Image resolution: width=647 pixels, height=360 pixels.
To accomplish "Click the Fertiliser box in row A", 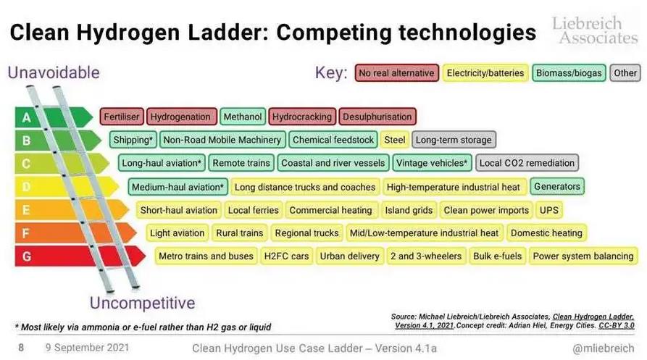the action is [x=122, y=117].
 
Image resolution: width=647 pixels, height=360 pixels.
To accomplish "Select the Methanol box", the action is [x=243, y=117].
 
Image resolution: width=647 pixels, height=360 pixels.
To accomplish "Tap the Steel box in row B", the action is [x=395, y=140].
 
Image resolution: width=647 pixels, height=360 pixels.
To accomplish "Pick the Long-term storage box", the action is [x=454, y=140].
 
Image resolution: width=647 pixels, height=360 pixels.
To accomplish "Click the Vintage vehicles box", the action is [x=432, y=163].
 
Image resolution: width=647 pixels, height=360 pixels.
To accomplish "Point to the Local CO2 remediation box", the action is [x=527, y=163].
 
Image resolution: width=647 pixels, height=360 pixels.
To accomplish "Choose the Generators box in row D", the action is [x=557, y=186].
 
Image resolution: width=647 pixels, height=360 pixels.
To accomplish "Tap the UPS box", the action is [x=549, y=210].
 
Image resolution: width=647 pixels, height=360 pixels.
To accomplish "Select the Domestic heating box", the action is [x=546, y=233].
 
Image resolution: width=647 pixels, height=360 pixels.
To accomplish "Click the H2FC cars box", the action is [x=286, y=256].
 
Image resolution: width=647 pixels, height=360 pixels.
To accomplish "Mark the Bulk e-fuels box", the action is [x=497, y=256].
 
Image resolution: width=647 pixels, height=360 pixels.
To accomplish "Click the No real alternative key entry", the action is [x=396, y=73].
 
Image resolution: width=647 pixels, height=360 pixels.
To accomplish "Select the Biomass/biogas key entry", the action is [x=569, y=73].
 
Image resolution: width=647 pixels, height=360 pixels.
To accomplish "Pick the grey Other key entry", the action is [x=625, y=73].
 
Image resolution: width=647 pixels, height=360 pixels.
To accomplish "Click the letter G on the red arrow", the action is [x=26, y=256].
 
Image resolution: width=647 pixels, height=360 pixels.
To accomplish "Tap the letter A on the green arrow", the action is [x=26, y=118].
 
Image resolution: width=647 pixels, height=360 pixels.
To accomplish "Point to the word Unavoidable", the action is [x=54, y=72].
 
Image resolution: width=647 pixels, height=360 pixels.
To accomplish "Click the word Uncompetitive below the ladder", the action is [x=142, y=303].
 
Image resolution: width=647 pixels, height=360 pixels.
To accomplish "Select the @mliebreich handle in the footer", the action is [x=604, y=348].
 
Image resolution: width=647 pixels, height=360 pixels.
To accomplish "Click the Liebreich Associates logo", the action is [x=595, y=30].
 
